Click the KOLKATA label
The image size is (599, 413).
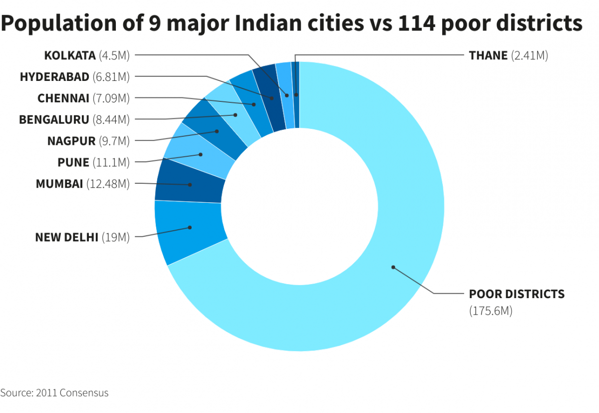69,55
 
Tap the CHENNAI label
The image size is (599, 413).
63,98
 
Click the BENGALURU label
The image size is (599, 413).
54,120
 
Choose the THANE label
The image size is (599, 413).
488,55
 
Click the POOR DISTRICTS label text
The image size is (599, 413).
517,294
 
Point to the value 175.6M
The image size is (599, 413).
491,311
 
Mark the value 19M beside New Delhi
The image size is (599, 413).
115,237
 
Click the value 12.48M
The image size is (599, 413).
108,184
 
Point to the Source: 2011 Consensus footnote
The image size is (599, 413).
54,393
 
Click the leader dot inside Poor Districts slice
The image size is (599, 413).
393,267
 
